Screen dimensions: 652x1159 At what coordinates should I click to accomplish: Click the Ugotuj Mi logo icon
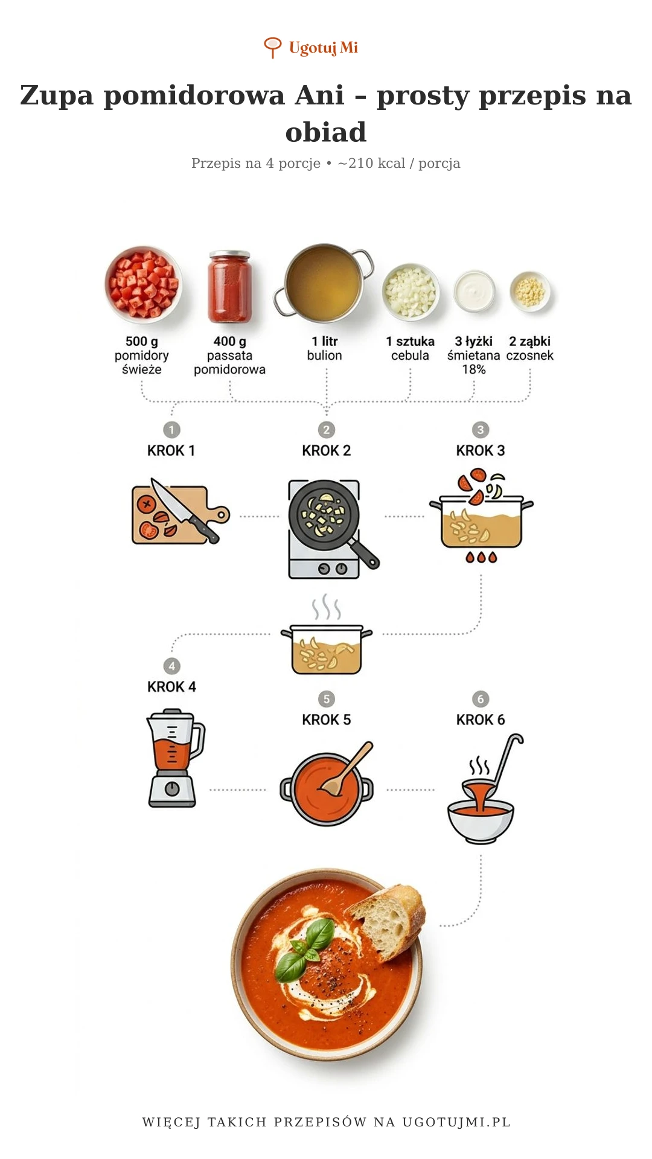(273, 47)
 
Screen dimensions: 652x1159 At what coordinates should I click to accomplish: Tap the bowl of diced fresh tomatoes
(143, 284)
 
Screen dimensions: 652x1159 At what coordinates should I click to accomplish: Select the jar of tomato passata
(229, 287)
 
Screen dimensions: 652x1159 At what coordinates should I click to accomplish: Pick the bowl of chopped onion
(411, 292)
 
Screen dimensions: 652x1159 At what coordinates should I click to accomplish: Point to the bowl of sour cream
(475, 291)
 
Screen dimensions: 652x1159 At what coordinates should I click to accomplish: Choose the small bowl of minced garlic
(530, 291)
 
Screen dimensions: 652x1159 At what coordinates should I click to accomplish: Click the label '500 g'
(142, 342)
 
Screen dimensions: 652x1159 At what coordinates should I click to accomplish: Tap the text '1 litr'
(325, 342)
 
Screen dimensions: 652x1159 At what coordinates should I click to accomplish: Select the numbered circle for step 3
(481, 430)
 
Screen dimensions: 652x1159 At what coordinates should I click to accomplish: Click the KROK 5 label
(326, 720)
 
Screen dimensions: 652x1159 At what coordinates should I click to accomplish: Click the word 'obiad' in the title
(326, 132)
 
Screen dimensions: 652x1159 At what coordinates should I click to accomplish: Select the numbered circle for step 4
(171, 666)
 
